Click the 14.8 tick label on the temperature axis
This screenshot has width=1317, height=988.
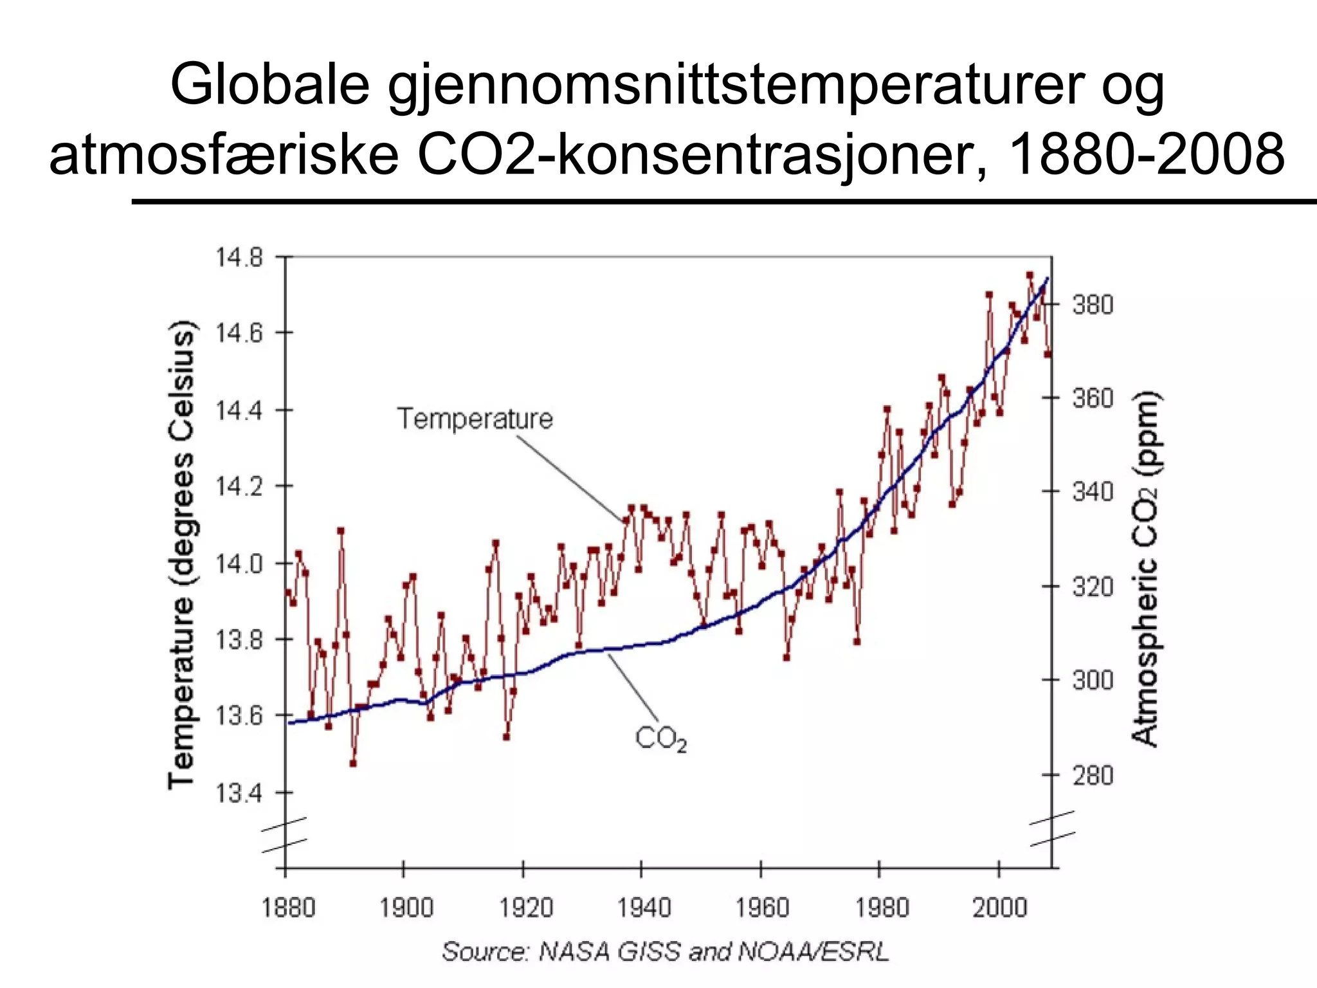click(239, 257)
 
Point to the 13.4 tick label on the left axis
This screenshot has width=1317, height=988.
click(239, 794)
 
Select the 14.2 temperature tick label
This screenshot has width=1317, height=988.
click(239, 487)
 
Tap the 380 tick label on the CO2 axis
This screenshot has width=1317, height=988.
click(1093, 304)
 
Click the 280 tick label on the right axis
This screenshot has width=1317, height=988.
click(1093, 775)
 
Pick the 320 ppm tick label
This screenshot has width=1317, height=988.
click(1093, 587)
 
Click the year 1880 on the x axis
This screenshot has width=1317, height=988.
click(287, 908)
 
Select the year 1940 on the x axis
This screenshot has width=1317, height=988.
click(644, 908)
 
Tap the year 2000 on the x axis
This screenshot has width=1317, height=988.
click(999, 908)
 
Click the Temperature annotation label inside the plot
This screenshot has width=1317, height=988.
click(475, 419)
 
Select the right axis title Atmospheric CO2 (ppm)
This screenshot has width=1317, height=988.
click(1145, 569)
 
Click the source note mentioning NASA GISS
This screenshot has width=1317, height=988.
click(665, 951)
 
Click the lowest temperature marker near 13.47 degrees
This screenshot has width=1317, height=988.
click(353, 764)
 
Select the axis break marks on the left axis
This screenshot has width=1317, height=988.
click(284, 835)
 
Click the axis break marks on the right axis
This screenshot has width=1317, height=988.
click(1052, 829)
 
